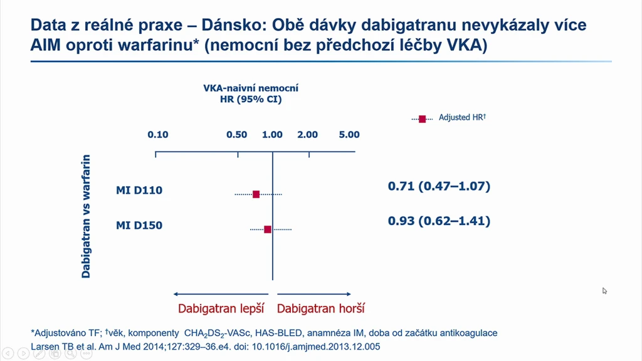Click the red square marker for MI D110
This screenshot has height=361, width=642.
coord(256,194)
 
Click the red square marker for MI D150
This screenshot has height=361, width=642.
coord(267,229)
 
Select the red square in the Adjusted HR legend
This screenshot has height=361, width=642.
coord(422,118)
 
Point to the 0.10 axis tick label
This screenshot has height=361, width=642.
coord(158,135)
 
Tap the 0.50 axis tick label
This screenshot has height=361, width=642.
coord(236,135)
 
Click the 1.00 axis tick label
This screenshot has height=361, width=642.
coord(272,135)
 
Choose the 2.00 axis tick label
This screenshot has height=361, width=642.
coord(307,135)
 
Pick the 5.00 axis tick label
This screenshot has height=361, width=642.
coord(349,135)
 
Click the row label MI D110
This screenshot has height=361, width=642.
coord(139,191)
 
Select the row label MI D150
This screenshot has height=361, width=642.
coord(139,226)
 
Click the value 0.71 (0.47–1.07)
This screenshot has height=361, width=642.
coord(439,186)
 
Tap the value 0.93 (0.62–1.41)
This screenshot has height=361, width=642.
coord(439,221)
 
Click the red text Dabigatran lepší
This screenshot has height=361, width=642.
coord(221,308)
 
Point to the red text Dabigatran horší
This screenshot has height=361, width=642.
coord(320,308)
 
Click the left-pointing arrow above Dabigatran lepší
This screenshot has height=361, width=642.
coord(221,294)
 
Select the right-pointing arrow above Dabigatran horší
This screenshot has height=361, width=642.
coord(314,294)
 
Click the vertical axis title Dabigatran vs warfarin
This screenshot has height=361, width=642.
coord(86,216)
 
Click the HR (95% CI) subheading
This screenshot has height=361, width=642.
coord(251,100)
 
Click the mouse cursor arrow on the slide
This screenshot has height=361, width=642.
coord(604,291)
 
